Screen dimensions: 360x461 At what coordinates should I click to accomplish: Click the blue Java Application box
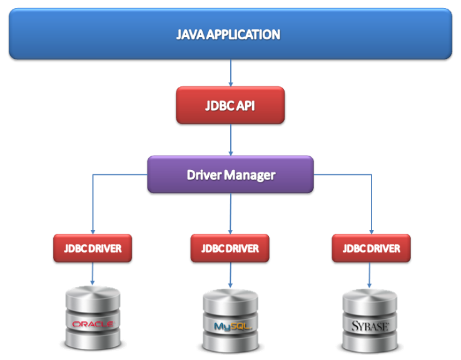(x=230, y=34)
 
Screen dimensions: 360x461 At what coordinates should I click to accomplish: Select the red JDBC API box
(x=230, y=105)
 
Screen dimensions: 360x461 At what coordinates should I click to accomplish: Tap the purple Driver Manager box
(x=230, y=174)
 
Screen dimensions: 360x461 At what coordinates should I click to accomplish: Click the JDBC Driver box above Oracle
(x=93, y=248)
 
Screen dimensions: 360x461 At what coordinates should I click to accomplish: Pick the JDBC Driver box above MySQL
(x=230, y=248)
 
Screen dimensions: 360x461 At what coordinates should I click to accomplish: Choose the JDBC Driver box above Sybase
(x=372, y=248)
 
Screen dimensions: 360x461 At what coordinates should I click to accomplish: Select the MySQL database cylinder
(x=230, y=319)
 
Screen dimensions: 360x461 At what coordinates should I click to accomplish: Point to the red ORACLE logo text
(x=93, y=324)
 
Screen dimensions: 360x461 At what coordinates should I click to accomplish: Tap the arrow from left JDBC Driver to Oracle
(x=93, y=273)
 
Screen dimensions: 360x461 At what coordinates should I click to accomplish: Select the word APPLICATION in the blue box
(x=245, y=34)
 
